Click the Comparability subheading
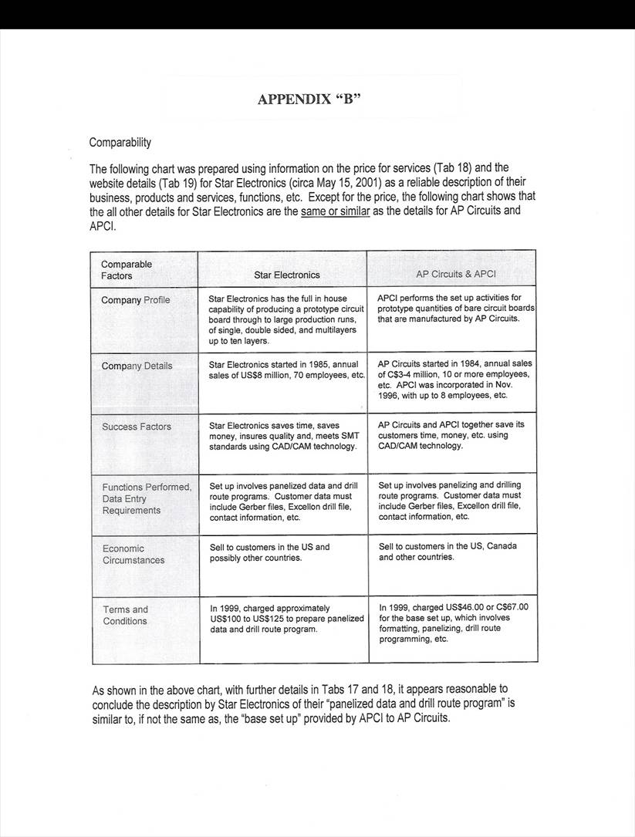coord(120,143)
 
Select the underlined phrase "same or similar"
coord(336,211)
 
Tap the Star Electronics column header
coord(287,275)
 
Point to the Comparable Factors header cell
coord(127,270)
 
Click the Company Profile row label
coord(136,300)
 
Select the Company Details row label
coord(137,366)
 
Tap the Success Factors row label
coord(137,427)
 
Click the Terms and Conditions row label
coord(125,615)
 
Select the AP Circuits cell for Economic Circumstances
coord(448,552)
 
